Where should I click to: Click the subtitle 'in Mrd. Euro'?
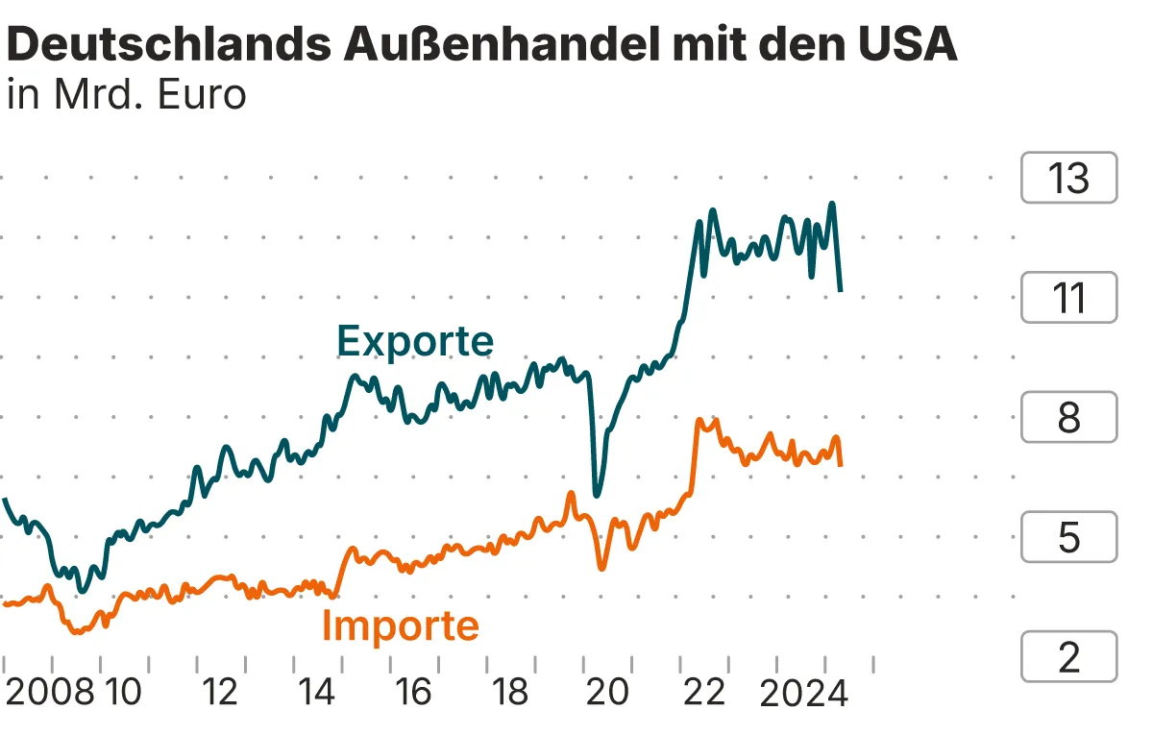[126, 95]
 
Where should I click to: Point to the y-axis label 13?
[1068, 179]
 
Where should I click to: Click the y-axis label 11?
[1068, 298]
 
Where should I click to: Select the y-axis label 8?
[1068, 418]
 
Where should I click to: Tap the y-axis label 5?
[1068, 537]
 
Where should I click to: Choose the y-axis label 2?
[1068, 657]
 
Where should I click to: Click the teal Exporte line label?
[415, 341]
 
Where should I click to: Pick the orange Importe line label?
[400, 625]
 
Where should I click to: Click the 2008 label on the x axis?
[50, 691]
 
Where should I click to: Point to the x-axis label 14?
[317, 691]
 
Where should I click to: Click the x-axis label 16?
[414, 691]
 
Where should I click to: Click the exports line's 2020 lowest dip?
[597, 495]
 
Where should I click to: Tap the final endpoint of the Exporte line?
[841, 289]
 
